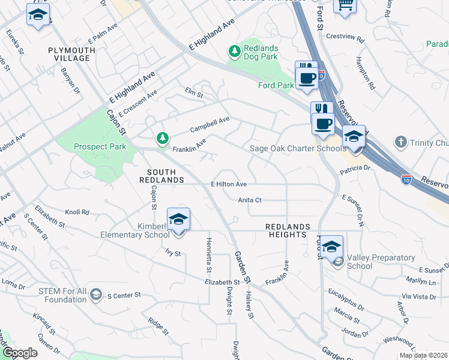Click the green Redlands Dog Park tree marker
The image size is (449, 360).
pyautogui.click(x=234, y=53)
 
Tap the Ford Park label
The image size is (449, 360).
pyautogui.click(x=276, y=86)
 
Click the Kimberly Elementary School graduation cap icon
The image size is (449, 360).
pyautogui.click(x=178, y=220)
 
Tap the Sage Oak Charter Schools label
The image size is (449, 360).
pyautogui.click(x=297, y=148)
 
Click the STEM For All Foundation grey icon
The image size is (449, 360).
pyautogui.click(x=96, y=294)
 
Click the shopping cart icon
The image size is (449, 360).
pyautogui.click(x=345, y=4)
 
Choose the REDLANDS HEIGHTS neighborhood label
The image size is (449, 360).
pyautogui.click(x=288, y=230)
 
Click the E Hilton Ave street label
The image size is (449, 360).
pyautogui.click(x=229, y=184)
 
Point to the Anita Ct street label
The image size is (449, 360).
pyautogui.click(x=250, y=200)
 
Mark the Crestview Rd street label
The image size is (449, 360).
pyautogui.click(x=345, y=37)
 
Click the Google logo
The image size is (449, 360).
pyautogui.click(x=20, y=353)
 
